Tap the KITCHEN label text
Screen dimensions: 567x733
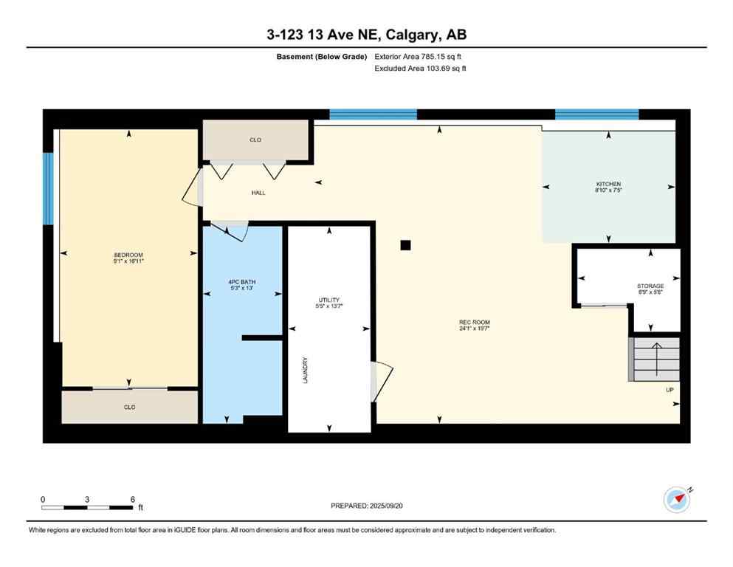pos(608,184)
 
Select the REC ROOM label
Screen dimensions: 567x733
pos(474,322)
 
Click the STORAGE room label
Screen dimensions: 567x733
pos(650,286)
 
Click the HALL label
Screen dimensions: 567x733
pos(258,193)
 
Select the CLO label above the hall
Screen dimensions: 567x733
pos(255,140)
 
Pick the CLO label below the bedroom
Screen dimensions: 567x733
pos(130,407)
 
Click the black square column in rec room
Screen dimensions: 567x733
pos(405,246)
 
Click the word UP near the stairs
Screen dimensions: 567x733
pos(669,390)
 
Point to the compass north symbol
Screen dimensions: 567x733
pos(676,500)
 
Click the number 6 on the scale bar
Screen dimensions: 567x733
pos(132,499)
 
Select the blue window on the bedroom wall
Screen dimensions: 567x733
pos(48,188)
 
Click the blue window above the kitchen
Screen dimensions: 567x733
pos(596,114)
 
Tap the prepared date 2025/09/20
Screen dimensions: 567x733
pos(367,506)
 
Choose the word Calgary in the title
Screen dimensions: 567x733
pos(408,35)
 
